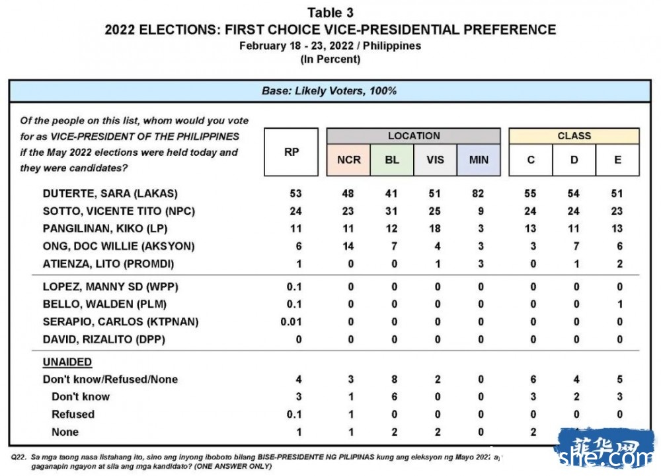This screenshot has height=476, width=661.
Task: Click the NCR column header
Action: coord(348,160)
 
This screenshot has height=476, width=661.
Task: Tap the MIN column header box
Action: coord(479,160)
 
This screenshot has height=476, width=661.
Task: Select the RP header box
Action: coord(292,152)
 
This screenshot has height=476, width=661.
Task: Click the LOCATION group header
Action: coord(414,136)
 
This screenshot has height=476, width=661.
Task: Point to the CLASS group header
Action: coord(574,136)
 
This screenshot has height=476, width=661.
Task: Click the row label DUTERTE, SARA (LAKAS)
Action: coord(110,194)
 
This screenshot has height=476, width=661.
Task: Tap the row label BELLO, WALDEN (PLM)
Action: coord(104,304)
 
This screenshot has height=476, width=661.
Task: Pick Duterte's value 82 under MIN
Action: coord(479,194)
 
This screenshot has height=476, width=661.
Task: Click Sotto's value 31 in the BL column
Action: coord(392,211)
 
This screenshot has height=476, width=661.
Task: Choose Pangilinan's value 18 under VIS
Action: coord(436,229)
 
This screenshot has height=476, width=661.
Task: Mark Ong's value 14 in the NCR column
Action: coord(348,246)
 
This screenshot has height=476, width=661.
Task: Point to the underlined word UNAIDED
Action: coord(67,362)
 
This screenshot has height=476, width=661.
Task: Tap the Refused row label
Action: coord(73,414)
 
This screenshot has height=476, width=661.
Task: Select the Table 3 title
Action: coord(330,13)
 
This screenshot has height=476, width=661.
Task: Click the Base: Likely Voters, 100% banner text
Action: coord(329,91)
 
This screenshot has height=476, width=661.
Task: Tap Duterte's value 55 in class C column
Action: coord(531,194)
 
